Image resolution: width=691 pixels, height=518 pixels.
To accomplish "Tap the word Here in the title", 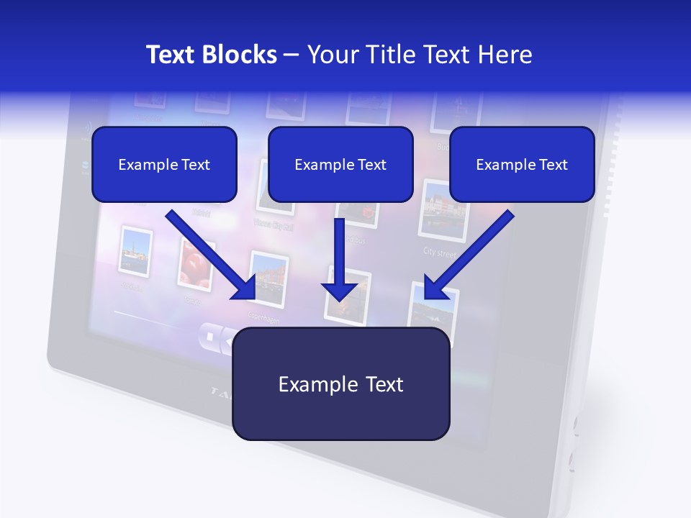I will point(504,55).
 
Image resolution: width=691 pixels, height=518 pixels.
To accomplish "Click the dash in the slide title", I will point(292,55).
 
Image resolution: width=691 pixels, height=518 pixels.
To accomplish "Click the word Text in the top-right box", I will point(553,165).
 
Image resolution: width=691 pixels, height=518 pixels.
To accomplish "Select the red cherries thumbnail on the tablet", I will point(194,264).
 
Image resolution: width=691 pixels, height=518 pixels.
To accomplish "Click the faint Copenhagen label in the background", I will point(263,317).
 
